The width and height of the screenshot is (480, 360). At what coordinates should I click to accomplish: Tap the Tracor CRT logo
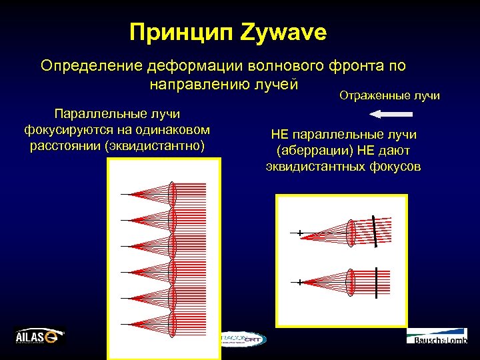pos(243,339)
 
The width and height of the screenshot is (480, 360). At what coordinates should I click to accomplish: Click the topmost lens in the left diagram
pos(173,194)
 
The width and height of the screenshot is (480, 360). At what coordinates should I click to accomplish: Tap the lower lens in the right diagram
pos(351,282)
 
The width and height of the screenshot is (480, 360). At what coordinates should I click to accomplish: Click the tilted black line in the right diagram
pos(377,231)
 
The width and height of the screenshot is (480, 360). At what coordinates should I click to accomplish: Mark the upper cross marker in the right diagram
pos(300,233)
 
